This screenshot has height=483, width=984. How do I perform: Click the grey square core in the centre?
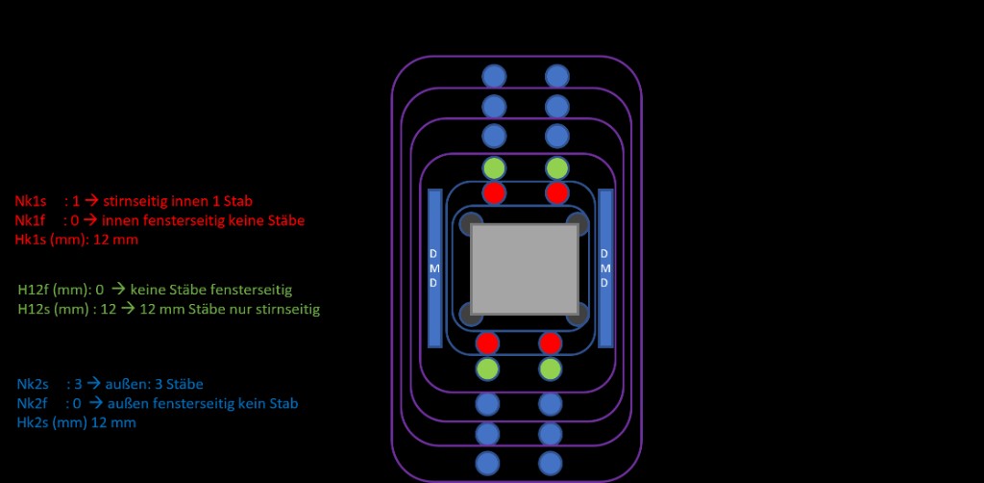point(524,268)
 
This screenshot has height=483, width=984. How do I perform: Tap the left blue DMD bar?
point(435,268)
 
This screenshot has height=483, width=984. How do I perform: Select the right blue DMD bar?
point(605,268)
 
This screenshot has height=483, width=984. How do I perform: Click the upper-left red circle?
point(494,192)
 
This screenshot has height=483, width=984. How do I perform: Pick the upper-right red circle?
point(556,192)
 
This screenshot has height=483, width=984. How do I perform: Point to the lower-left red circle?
point(487,343)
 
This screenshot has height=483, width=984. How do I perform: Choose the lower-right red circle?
point(551,343)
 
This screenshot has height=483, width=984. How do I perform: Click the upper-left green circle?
point(494,168)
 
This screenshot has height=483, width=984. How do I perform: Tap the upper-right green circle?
point(556,168)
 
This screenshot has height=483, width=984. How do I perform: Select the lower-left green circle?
point(487,369)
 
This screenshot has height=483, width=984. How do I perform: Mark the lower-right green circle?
point(551,369)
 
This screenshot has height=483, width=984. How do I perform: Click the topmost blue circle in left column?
point(494,77)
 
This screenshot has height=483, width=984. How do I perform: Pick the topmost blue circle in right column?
point(556,77)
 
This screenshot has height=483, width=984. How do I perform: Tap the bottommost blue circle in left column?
point(487,464)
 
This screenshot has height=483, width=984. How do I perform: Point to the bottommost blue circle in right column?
point(551,464)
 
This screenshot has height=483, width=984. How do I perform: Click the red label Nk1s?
point(30,201)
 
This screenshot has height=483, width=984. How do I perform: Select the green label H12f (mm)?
point(54,291)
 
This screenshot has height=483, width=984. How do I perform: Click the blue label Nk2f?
point(32,403)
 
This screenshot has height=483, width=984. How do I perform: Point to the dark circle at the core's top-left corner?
point(470,223)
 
